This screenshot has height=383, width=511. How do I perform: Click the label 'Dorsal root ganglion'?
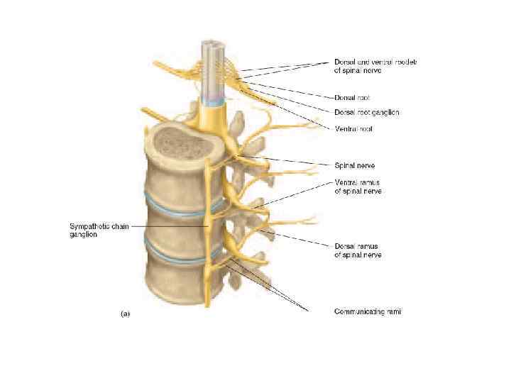coord(366,112)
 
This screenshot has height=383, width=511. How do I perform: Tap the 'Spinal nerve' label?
coord(354,165)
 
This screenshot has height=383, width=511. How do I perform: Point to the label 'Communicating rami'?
coord(368,311)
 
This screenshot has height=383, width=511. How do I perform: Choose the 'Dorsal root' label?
coord(352,97)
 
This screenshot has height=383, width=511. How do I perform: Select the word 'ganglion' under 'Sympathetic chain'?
coord(83,235)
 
